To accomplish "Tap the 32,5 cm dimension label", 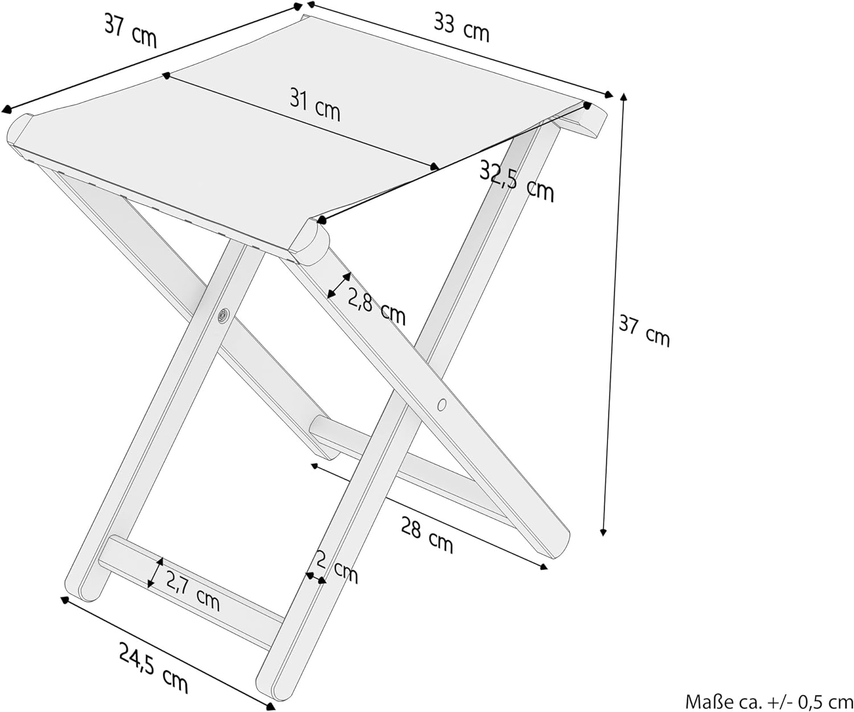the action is pyautogui.click(x=516, y=180).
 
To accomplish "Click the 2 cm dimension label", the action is pyautogui.click(x=337, y=566).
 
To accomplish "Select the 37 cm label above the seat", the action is pyautogui.click(x=130, y=30).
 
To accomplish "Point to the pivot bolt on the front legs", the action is pyautogui.click(x=223, y=315).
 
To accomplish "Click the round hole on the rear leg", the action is pyautogui.click(x=441, y=405).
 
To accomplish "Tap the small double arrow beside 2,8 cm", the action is pyautogui.click(x=339, y=285).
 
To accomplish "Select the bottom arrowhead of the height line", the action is pyautogui.click(x=602, y=532).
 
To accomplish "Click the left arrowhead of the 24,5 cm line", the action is pyautogui.click(x=64, y=599).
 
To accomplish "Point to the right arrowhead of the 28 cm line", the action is pyautogui.click(x=544, y=566).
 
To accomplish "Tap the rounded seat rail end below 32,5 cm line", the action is pyautogui.click(x=310, y=244).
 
